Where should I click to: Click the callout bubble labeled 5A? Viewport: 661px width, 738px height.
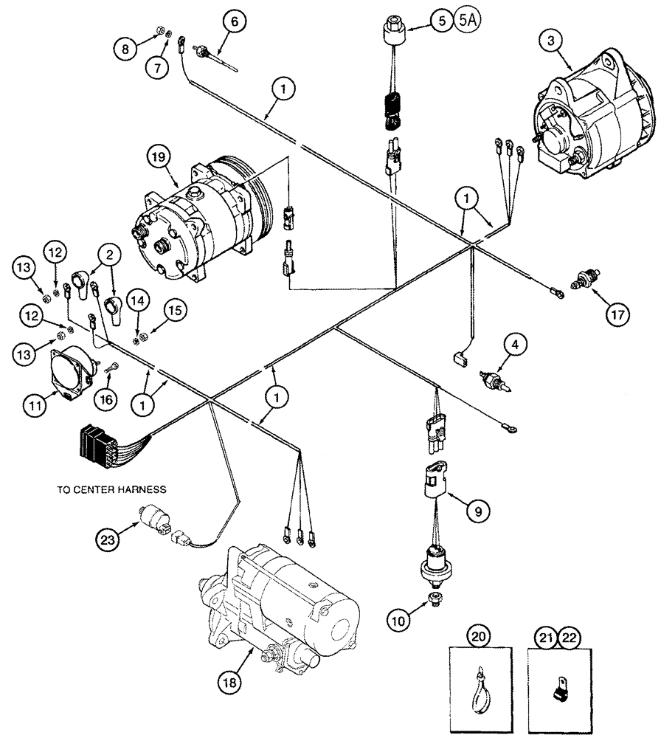(x=468, y=21)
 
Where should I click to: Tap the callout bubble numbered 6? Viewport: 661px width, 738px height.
(x=234, y=22)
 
